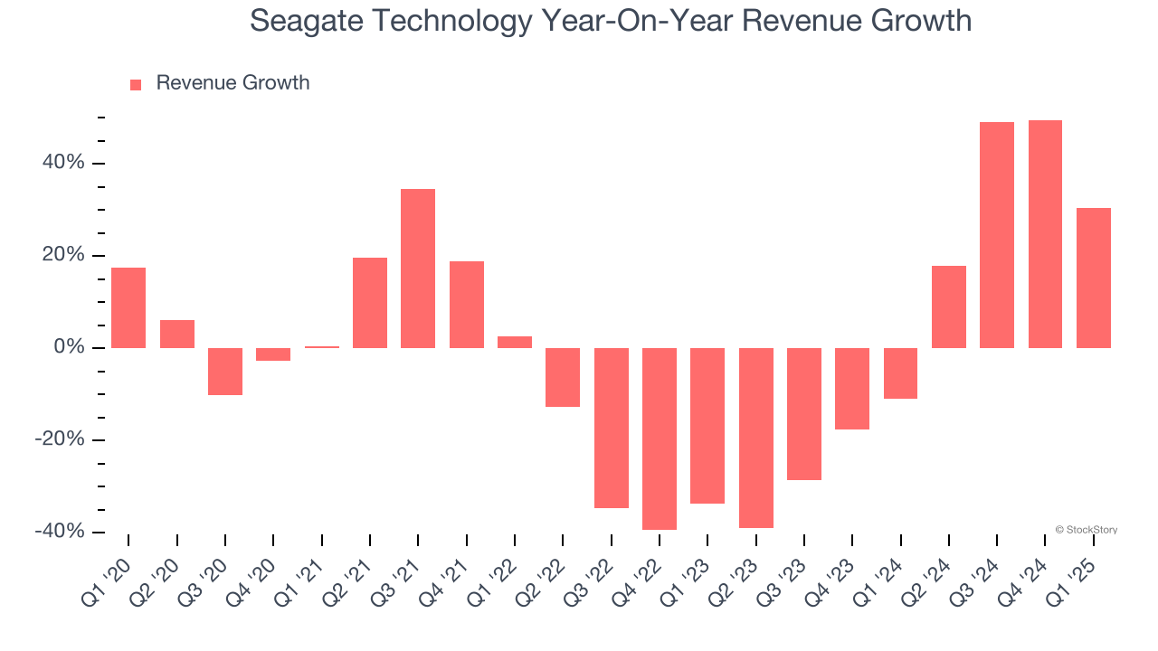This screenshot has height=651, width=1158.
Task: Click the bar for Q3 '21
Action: point(418,269)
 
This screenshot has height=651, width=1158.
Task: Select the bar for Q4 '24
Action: point(1045,234)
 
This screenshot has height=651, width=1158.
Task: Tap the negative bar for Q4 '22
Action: point(660,439)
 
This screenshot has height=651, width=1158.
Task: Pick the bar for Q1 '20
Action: point(128,307)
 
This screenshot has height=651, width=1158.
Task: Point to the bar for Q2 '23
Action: point(755,438)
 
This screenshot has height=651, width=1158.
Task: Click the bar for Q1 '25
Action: point(1093,278)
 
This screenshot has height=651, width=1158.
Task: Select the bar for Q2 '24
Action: point(948,307)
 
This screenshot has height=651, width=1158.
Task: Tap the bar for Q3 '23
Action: point(804,413)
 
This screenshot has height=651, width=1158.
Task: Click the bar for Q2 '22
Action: point(563,377)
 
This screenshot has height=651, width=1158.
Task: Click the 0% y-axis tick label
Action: point(69,347)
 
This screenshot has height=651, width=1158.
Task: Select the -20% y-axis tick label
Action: point(61,439)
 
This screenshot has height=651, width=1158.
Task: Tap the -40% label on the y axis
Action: point(61,532)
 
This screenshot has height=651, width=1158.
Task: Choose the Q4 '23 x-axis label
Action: point(830,575)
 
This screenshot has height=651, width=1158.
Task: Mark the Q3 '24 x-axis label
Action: point(974,575)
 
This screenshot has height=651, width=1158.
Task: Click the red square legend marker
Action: point(136,85)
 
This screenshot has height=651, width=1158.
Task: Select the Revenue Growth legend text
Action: point(233,83)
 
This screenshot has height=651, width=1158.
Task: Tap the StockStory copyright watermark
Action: point(1086,530)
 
